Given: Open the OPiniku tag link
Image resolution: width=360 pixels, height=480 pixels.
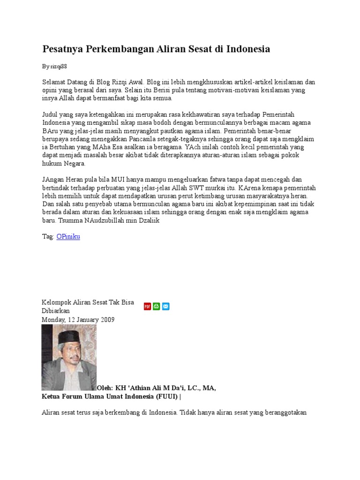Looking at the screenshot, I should pos(68,237).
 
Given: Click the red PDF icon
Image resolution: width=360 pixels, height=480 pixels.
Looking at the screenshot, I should pos(147,306).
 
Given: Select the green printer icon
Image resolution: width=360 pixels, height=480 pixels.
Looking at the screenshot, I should pos(157,306).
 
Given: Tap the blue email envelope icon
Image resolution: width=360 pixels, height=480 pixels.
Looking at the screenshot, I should pos(165,306).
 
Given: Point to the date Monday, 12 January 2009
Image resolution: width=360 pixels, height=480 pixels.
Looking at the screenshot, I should pos(78,320).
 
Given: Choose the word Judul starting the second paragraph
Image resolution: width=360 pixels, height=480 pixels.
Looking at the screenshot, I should pos(50,114).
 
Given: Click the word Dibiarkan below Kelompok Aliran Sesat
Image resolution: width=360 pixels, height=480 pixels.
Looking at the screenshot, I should pos(56,311).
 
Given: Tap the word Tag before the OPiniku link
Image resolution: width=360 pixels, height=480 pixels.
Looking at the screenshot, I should pos(47,237).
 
